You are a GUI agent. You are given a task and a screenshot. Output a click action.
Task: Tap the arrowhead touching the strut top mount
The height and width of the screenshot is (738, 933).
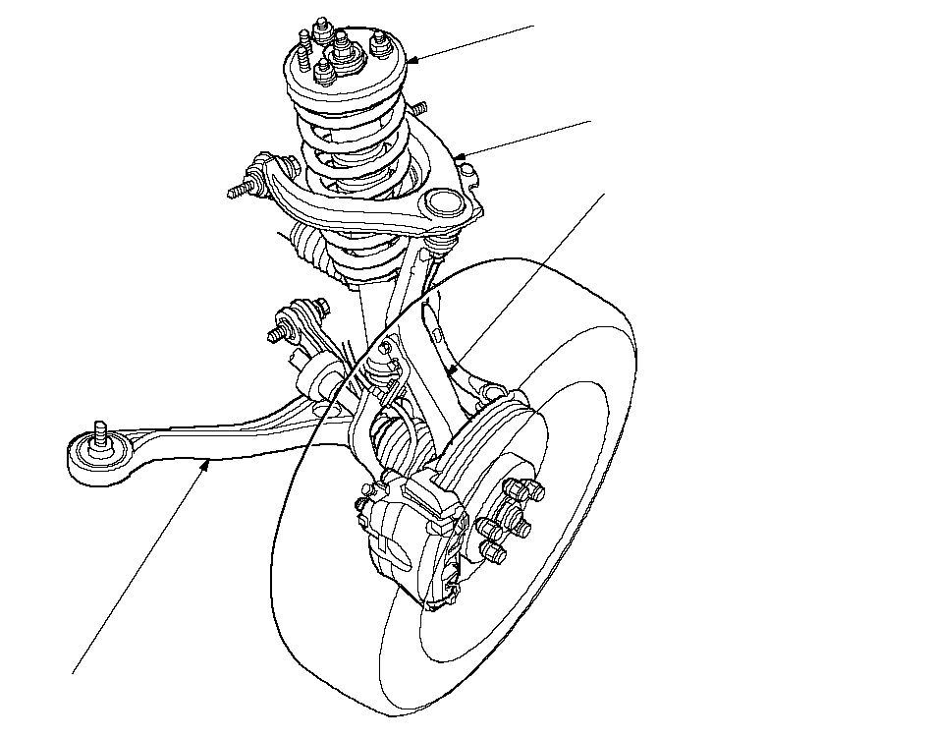tap(410, 61)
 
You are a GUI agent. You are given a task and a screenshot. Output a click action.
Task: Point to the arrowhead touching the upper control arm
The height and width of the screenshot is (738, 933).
tap(460, 155)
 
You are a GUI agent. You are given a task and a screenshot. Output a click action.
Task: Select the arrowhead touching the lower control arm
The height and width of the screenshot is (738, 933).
tap(205, 465)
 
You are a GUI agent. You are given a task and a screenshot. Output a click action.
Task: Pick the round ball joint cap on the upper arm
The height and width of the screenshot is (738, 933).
tap(443, 204)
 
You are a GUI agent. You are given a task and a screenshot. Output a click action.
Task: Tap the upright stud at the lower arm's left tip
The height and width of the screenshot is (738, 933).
tap(98, 432)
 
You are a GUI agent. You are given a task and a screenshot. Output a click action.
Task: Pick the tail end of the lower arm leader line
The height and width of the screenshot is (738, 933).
tap(74, 673)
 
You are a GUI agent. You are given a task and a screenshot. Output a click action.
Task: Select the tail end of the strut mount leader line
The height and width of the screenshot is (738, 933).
tap(535, 23)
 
